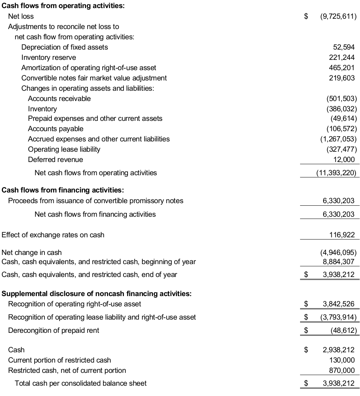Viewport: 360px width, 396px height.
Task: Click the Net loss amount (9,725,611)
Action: [338, 17]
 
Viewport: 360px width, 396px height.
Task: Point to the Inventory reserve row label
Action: [49, 58]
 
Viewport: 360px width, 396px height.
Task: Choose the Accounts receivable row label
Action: [59, 98]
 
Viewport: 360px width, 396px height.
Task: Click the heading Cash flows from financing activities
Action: [63, 190]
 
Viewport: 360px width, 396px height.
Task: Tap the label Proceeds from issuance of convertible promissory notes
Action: [96, 201]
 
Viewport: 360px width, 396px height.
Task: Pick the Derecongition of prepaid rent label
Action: [54, 331]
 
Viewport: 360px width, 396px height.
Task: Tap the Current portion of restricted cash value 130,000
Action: [342, 360]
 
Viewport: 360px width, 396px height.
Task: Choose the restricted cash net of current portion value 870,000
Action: [342, 371]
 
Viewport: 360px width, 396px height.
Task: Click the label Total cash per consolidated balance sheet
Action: [81, 384]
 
